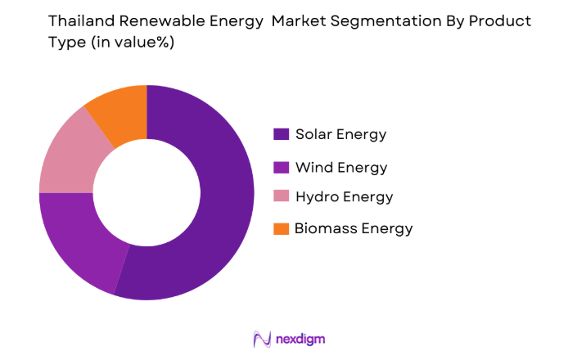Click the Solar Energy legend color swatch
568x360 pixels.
tap(280, 134)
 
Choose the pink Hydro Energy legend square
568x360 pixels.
tap(280, 197)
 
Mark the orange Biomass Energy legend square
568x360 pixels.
tap(280, 228)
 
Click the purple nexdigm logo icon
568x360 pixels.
tap(261, 338)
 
